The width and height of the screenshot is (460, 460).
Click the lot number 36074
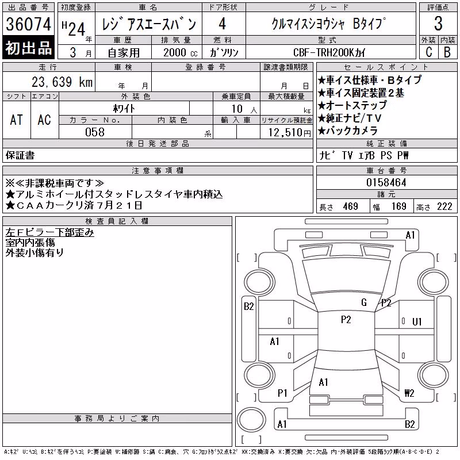click(28, 24)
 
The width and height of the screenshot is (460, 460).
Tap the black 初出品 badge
click(28, 48)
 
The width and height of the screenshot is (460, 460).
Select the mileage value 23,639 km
click(62, 82)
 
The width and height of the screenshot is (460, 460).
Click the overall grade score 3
click(438, 24)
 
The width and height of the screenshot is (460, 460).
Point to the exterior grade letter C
click(429, 52)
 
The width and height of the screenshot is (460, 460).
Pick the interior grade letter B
click(447, 52)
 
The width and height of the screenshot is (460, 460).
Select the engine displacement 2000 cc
click(181, 52)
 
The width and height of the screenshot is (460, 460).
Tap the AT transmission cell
click(17, 120)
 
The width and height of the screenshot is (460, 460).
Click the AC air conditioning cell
click(44, 120)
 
